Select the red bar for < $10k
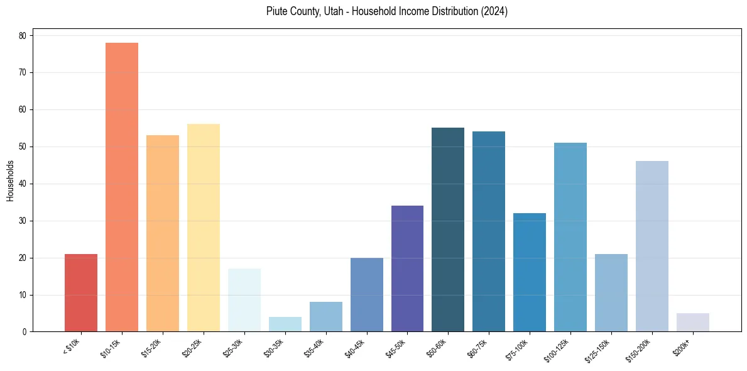[x=81, y=293]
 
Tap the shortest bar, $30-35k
[x=285, y=324]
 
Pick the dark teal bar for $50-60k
[x=448, y=230]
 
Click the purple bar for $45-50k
[x=407, y=269]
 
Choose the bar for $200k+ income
[x=693, y=323]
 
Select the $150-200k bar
[x=652, y=246]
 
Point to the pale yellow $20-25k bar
[x=204, y=228]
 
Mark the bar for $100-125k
[x=570, y=237]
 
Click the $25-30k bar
[x=244, y=300]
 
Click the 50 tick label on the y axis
[x=22, y=147]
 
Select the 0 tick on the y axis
[x=24, y=332]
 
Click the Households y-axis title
[x=10, y=180]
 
